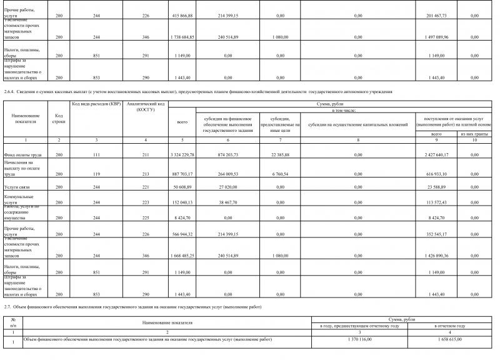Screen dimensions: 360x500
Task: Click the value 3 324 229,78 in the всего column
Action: (x=182, y=154)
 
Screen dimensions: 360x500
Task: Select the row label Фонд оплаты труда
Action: (x=24, y=154)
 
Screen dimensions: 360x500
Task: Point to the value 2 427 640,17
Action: (x=436, y=154)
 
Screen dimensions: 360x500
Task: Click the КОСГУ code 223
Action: (x=145, y=202)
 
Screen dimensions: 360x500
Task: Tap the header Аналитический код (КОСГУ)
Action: (x=145, y=106)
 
